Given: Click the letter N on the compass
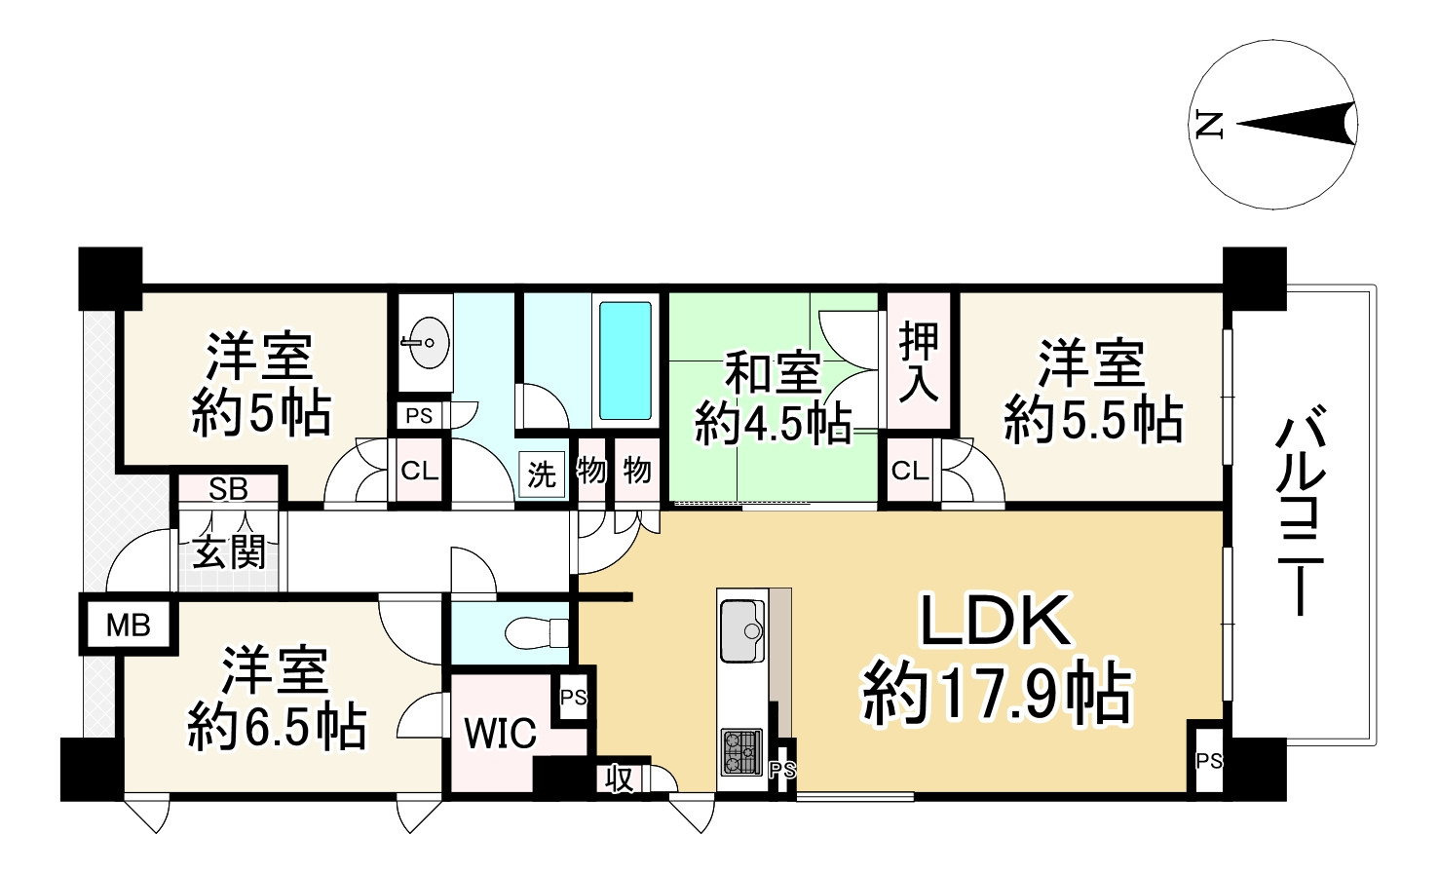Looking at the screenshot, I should [x=1208, y=124].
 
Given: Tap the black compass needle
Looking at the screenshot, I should [x=1296, y=124].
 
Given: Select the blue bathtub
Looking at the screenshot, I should [x=625, y=360].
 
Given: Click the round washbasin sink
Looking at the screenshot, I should [x=427, y=342].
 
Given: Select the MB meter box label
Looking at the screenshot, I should [x=129, y=625].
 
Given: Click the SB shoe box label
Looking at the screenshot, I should [x=228, y=489].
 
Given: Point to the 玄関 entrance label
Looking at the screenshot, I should [x=229, y=552].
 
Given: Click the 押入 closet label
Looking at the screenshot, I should [x=918, y=361].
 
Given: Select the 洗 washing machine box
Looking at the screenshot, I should [x=542, y=474].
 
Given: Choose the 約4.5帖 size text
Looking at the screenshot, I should [x=774, y=424].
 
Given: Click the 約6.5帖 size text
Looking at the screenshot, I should [x=278, y=726].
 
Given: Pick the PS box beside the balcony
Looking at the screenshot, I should [x=1208, y=760].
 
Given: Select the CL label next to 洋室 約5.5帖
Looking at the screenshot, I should [x=910, y=472].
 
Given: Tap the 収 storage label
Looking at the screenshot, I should [x=621, y=778].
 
